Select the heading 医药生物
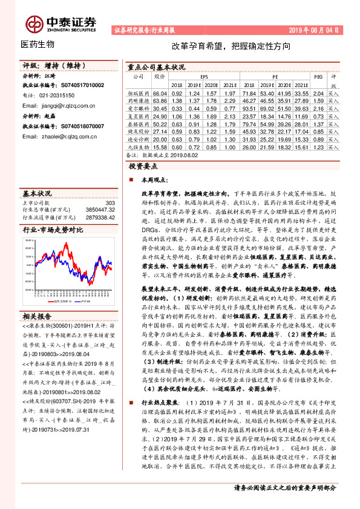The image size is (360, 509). pos(38,45)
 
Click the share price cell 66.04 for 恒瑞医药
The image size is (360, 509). pos(160,94)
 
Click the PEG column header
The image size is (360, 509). pos(319,77)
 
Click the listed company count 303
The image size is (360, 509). pos(109,203)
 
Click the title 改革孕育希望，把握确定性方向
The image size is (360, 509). pos(231,46)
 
